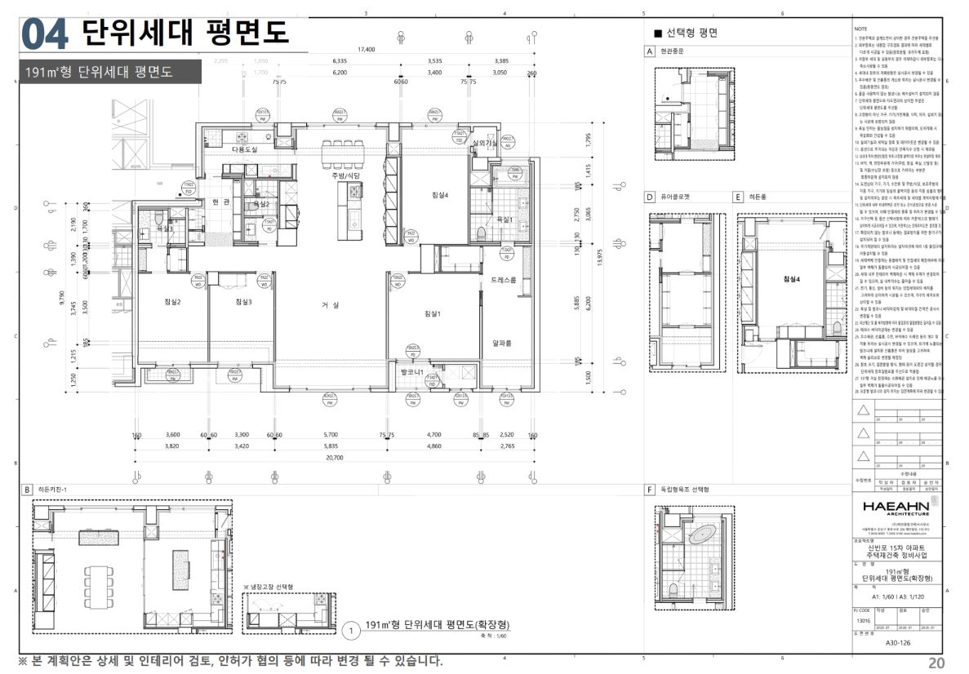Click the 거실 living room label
(x=330, y=305)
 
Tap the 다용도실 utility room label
(x=244, y=150)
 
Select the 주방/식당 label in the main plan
(x=344, y=175)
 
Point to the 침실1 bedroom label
(x=432, y=313)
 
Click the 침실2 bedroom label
(x=171, y=302)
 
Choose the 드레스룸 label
(x=504, y=280)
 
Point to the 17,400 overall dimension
(x=366, y=50)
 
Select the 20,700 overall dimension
(x=334, y=459)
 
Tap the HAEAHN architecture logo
(x=896, y=508)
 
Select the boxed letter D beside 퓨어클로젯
(x=650, y=197)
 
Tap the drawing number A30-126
(x=896, y=643)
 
